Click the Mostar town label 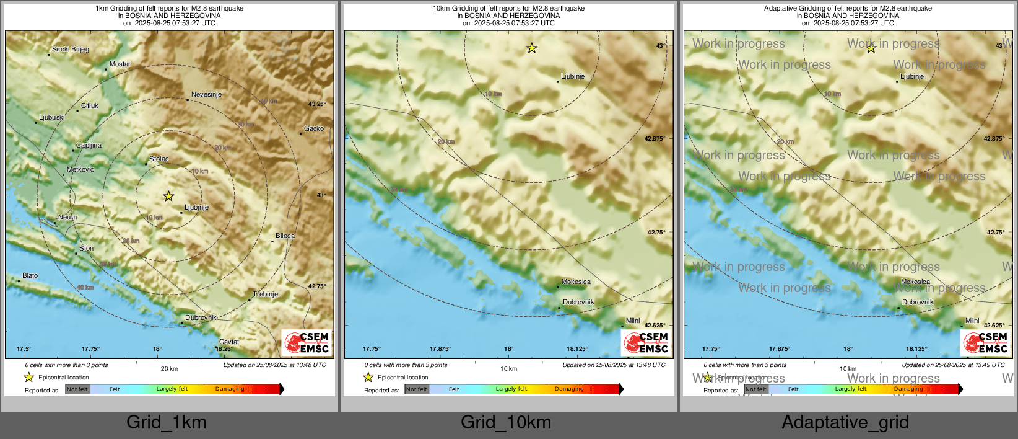120,64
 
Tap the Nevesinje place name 206,95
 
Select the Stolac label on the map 159,159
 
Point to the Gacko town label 314,129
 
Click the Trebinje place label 266,295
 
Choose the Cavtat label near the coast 229,342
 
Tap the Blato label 30,276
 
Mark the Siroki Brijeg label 71,50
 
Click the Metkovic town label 80,170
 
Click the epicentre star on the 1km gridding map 168,197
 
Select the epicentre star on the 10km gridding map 532,48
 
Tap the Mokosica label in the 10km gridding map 576,282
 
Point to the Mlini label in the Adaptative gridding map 972,321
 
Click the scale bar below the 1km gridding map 169,361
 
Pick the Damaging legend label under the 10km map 569,389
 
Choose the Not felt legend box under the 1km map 77,389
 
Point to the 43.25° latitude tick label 317,104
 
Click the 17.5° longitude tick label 24,349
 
